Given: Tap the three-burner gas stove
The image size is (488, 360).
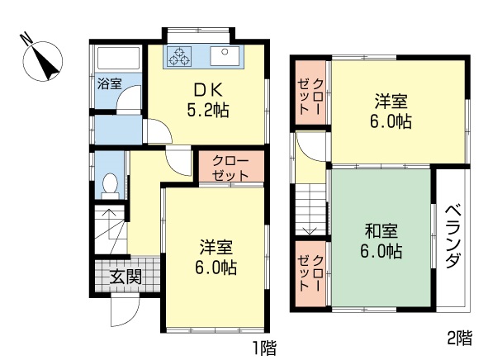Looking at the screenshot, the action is pyautogui.click(x=179, y=56).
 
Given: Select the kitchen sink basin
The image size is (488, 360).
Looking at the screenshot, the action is pyautogui.click(x=225, y=56).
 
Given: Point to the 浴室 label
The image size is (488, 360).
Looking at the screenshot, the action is pyautogui.click(x=109, y=83).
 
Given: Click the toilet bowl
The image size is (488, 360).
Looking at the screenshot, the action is pyautogui.click(x=110, y=183).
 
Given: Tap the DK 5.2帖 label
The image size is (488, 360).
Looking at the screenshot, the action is pyautogui.click(x=208, y=101).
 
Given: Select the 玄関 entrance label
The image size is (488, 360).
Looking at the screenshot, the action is pyautogui.click(x=126, y=277).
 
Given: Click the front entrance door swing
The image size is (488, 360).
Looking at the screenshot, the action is pyautogui.click(x=125, y=310).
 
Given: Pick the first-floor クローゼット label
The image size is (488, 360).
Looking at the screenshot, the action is pyautogui.click(x=230, y=168).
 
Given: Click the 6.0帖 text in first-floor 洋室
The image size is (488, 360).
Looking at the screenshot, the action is pyautogui.click(x=216, y=268).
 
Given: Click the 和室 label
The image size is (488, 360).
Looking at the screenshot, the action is pyautogui.click(x=381, y=231).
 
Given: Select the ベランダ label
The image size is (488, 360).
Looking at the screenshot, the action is pyautogui.click(x=452, y=236).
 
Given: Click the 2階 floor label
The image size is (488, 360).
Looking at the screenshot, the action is pyautogui.click(x=460, y=338).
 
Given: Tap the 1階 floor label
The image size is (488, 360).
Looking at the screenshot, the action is pyautogui.click(x=264, y=348).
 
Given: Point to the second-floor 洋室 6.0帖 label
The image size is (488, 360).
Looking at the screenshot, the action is pyautogui.click(x=391, y=111).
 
